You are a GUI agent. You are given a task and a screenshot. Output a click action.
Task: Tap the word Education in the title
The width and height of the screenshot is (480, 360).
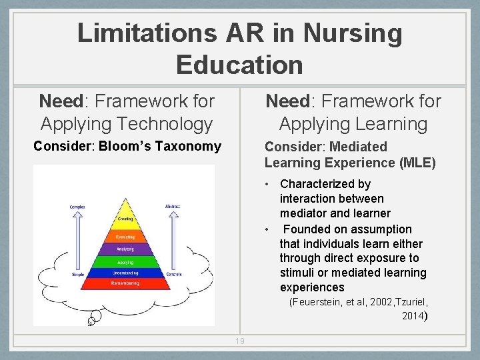pos(239,65)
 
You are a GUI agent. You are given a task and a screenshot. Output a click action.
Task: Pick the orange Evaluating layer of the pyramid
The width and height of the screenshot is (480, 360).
pos(125,237)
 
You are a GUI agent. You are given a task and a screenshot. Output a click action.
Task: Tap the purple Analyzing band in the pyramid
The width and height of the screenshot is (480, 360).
pos(125,249)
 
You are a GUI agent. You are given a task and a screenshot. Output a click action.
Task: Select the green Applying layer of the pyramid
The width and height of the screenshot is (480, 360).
pos(125,261)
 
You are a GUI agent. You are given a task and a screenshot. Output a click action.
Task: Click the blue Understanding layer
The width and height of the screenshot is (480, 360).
pos(125,273)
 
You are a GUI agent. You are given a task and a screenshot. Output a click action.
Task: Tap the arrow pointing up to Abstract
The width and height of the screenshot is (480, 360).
pos(173,240)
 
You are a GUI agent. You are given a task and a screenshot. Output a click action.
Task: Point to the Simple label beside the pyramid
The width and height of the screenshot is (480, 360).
pos(77,275)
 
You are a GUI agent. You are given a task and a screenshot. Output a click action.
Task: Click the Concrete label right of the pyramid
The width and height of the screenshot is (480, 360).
pos(173,274)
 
